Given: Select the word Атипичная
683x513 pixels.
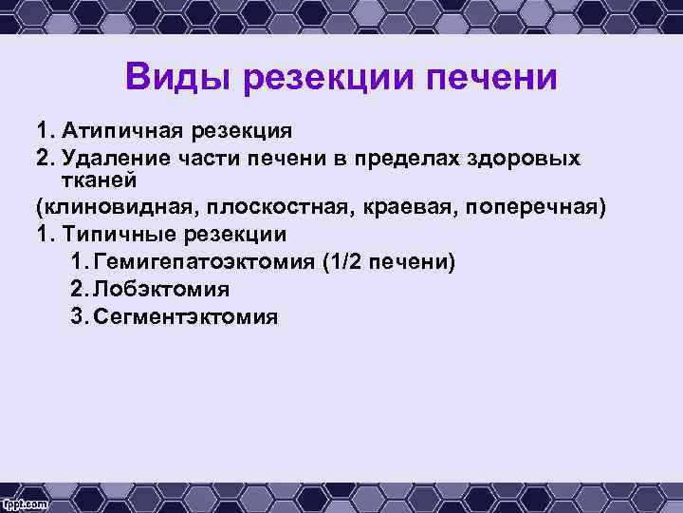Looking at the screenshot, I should [115, 129].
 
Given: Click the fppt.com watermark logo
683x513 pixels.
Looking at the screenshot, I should [26, 499].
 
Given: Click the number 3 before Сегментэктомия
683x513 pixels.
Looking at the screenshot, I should [77, 315].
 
